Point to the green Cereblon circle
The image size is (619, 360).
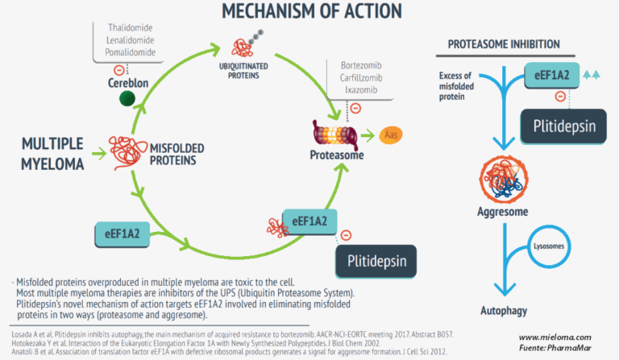click(x=127, y=99)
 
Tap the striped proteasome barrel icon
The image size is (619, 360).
click(x=330, y=134)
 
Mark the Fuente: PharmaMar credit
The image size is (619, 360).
click(x=555, y=348)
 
